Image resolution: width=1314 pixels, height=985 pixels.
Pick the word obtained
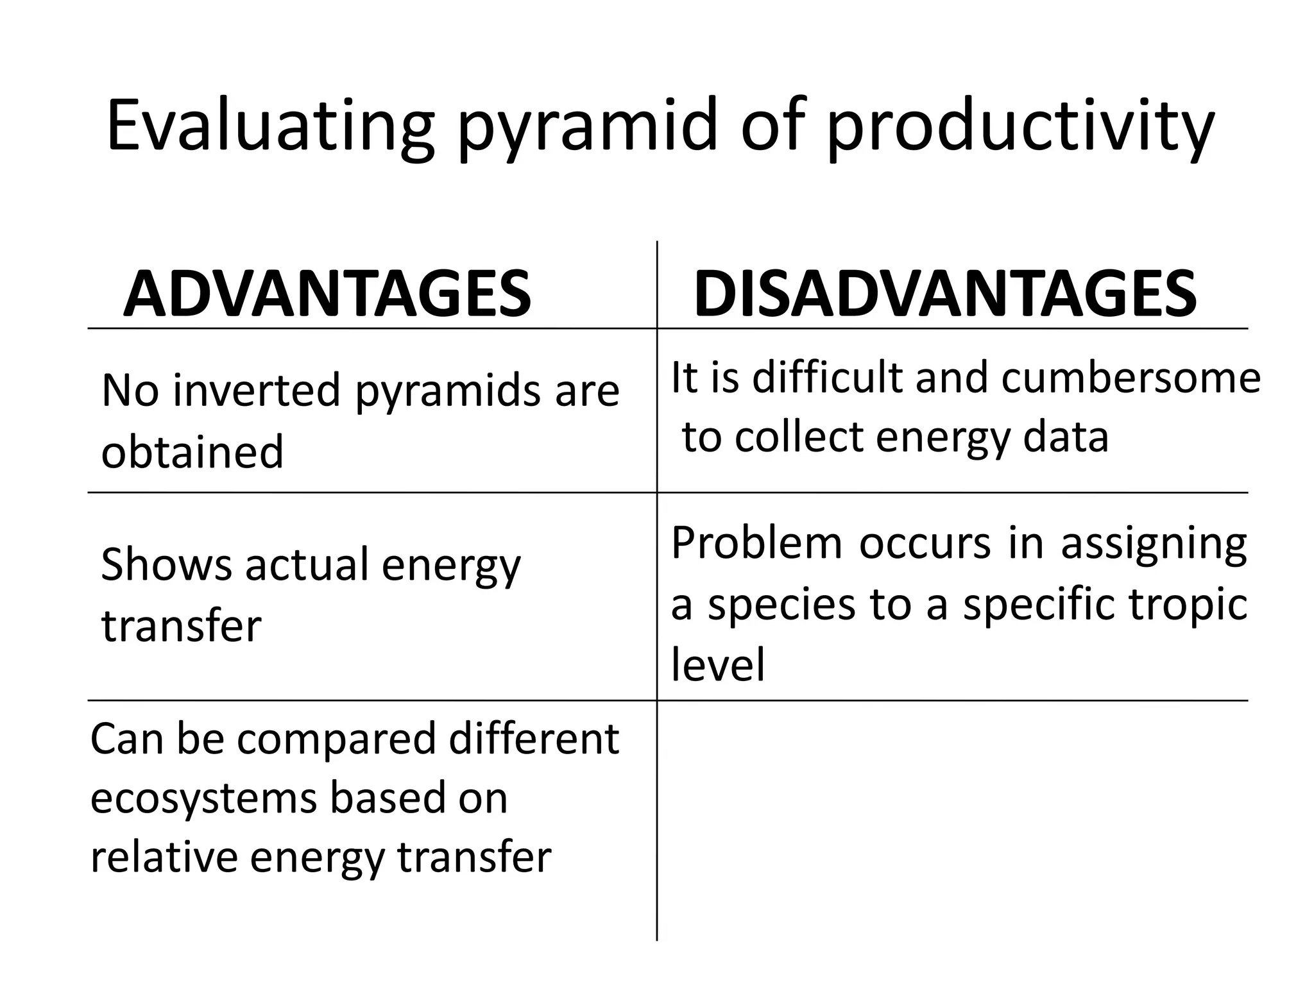(192, 451)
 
